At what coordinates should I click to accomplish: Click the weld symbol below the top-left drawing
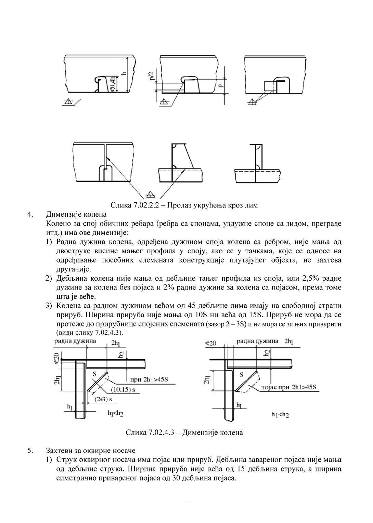(x=68, y=102)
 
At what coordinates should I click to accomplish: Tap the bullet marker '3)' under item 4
(x=49, y=305)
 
